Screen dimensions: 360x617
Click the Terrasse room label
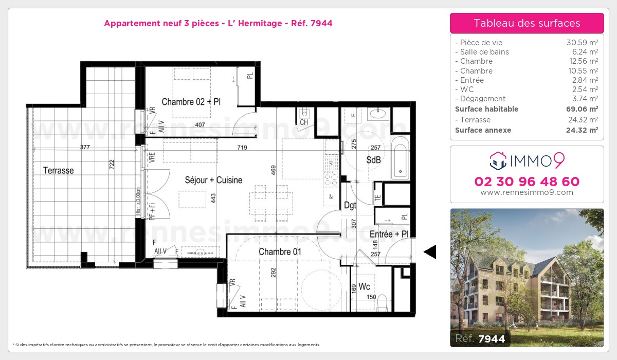point(58,170)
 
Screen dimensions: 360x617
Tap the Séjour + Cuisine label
point(213,180)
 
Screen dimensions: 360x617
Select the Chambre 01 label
point(280,251)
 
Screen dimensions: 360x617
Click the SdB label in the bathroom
point(373,160)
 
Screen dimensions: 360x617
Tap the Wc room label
point(365,286)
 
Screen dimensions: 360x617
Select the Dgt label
point(350,205)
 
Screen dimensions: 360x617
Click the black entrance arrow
point(430,251)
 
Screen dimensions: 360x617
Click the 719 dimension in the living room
point(242,148)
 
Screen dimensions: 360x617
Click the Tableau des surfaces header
point(527,23)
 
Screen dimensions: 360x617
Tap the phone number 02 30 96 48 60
point(527,182)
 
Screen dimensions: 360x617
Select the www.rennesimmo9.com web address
point(527,192)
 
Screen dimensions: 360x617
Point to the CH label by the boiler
point(304,122)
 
